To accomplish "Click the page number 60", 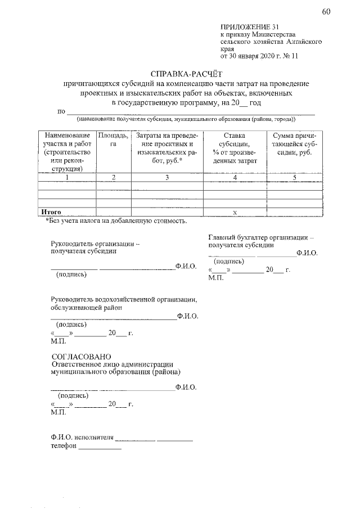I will (326, 13).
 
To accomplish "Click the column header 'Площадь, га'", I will (113, 140).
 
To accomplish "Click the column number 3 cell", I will (166, 178).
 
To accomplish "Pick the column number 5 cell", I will (294, 178).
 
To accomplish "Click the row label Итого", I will (49, 211).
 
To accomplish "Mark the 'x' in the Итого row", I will (235, 212).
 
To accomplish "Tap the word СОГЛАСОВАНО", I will (81, 357).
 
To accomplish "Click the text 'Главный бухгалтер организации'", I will (261, 237).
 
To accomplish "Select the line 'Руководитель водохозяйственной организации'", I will (123, 299).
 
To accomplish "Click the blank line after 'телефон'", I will (100, 448).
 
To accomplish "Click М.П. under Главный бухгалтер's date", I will (215, 278).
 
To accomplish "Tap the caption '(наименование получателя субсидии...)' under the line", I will (186, 119).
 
